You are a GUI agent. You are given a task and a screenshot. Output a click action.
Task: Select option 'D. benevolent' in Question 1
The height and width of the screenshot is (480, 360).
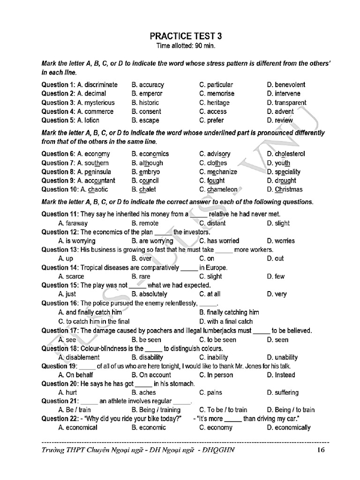tap(286, 85)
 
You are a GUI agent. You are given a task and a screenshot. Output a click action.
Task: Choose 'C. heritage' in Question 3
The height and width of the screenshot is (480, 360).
tap(214, 103)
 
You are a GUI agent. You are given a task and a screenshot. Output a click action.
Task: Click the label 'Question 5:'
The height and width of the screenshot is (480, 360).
tap(59, 120)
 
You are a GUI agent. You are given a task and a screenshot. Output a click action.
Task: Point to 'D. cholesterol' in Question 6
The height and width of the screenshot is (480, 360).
tap(286, 154)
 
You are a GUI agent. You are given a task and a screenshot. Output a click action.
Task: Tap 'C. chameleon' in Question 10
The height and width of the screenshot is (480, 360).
tap(218, 190)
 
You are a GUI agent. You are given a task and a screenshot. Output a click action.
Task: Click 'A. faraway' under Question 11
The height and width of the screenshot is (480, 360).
tap(73, 224)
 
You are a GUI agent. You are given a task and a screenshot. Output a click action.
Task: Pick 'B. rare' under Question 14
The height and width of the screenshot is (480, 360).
tap(141, 277)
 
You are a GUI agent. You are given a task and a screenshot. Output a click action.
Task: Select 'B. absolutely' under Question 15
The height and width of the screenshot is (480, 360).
tap(150, 294)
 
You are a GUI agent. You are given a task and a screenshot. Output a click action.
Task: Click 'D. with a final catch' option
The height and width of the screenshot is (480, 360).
tap(226, 322)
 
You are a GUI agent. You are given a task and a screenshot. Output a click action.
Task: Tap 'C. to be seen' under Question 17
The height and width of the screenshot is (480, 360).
tap(217, 340)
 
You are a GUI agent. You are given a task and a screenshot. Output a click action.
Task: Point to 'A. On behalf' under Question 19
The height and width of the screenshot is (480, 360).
tap(75, 375)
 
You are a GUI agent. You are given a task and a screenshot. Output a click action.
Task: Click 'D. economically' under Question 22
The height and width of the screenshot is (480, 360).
tap(289, 427)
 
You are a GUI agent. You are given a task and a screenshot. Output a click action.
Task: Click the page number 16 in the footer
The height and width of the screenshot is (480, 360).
tap(321, 450)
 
